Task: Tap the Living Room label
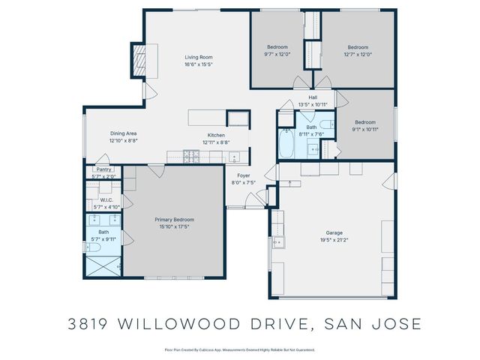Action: (x=199, y=57)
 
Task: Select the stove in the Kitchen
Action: (x=190, y=157)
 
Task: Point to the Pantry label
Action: (x=103, y=169)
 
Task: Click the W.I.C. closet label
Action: (x=106, y=200)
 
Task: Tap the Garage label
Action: (x=333, y=233)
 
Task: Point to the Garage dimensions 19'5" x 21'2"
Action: (x=333, y=240)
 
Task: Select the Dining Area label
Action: (x=124, y=133)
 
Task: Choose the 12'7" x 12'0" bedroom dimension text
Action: (x=358, y=54)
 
